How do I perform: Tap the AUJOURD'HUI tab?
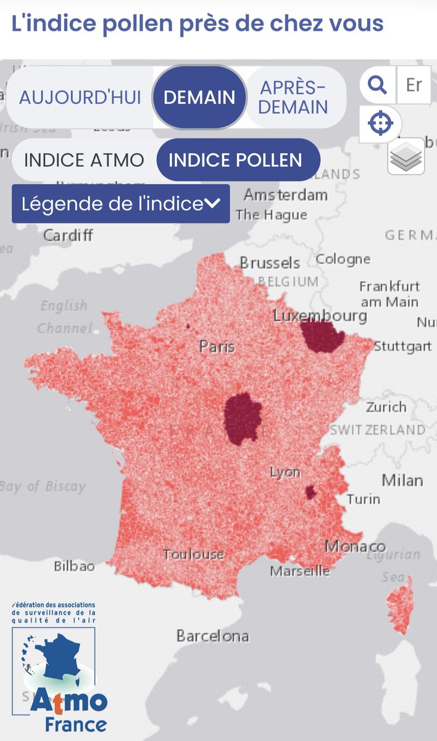coord(80,97)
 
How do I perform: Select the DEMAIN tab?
coord(199,97)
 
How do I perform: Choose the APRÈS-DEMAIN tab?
coord(293,97)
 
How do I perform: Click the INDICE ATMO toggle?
coord(84,160)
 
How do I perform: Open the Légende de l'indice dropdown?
coord(121,204)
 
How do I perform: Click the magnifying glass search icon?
coord(377,85)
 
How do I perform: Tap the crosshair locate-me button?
coord(380,124)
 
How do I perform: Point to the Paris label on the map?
coord(217,346)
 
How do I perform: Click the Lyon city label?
coord(285,472)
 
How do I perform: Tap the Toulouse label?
coord(193,554)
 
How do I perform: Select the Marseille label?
coord(300,571)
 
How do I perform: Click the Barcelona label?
coord(212,635)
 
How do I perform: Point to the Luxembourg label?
coord(320,316)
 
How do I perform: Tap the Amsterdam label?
coord(285,195)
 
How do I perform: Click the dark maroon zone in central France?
coord(243,419)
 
